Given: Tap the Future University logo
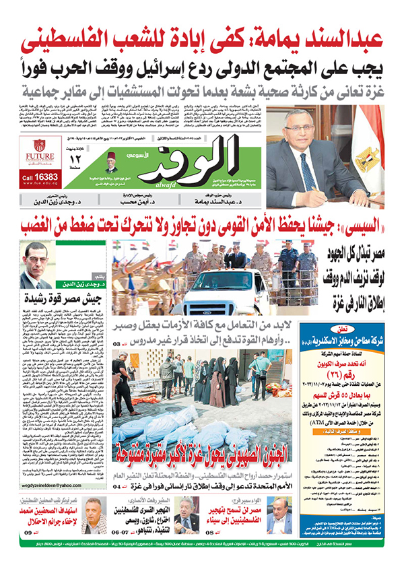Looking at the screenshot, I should [40, 149].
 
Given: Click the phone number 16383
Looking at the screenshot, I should [49, 176].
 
